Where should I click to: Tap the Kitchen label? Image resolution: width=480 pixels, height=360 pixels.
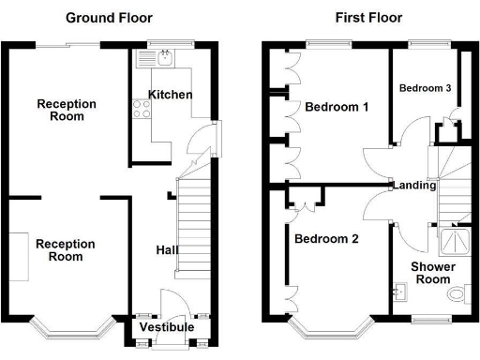click(x=170, y=95)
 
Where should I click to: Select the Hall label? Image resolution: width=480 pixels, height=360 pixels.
click(x=168, y=250)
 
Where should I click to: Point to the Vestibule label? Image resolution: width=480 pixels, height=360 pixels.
click(x=167, y=327)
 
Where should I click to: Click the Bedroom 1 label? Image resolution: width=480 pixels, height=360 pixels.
click(x=337, y=107)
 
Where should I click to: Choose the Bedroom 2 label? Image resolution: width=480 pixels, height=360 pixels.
click(x=326, y=239)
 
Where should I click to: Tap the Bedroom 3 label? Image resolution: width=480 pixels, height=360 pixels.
click(x=425, y=88)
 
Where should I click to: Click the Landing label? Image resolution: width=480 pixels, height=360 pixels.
click(x=414, y=186)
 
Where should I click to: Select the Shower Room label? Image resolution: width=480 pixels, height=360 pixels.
click(x=433, y=273)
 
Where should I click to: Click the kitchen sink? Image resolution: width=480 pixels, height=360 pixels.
click(x=165, y=59)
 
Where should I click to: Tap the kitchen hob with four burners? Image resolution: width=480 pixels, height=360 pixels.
click(x=142, y=109)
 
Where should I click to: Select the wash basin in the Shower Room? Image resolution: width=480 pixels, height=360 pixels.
click(x=397, y=294)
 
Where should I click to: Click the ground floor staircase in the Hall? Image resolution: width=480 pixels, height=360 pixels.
click(x=192, y=225)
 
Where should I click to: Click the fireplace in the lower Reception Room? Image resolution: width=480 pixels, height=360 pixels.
click(x=20, y=255)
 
